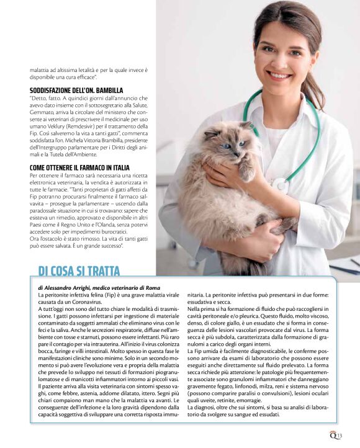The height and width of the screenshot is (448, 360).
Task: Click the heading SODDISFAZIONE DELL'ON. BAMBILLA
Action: point(76,90)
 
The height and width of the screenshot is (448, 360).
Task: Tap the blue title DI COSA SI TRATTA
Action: point(79,271)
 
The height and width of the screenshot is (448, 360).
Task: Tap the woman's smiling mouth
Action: point(280,76)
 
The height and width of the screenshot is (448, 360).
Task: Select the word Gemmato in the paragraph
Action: point(45,112)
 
